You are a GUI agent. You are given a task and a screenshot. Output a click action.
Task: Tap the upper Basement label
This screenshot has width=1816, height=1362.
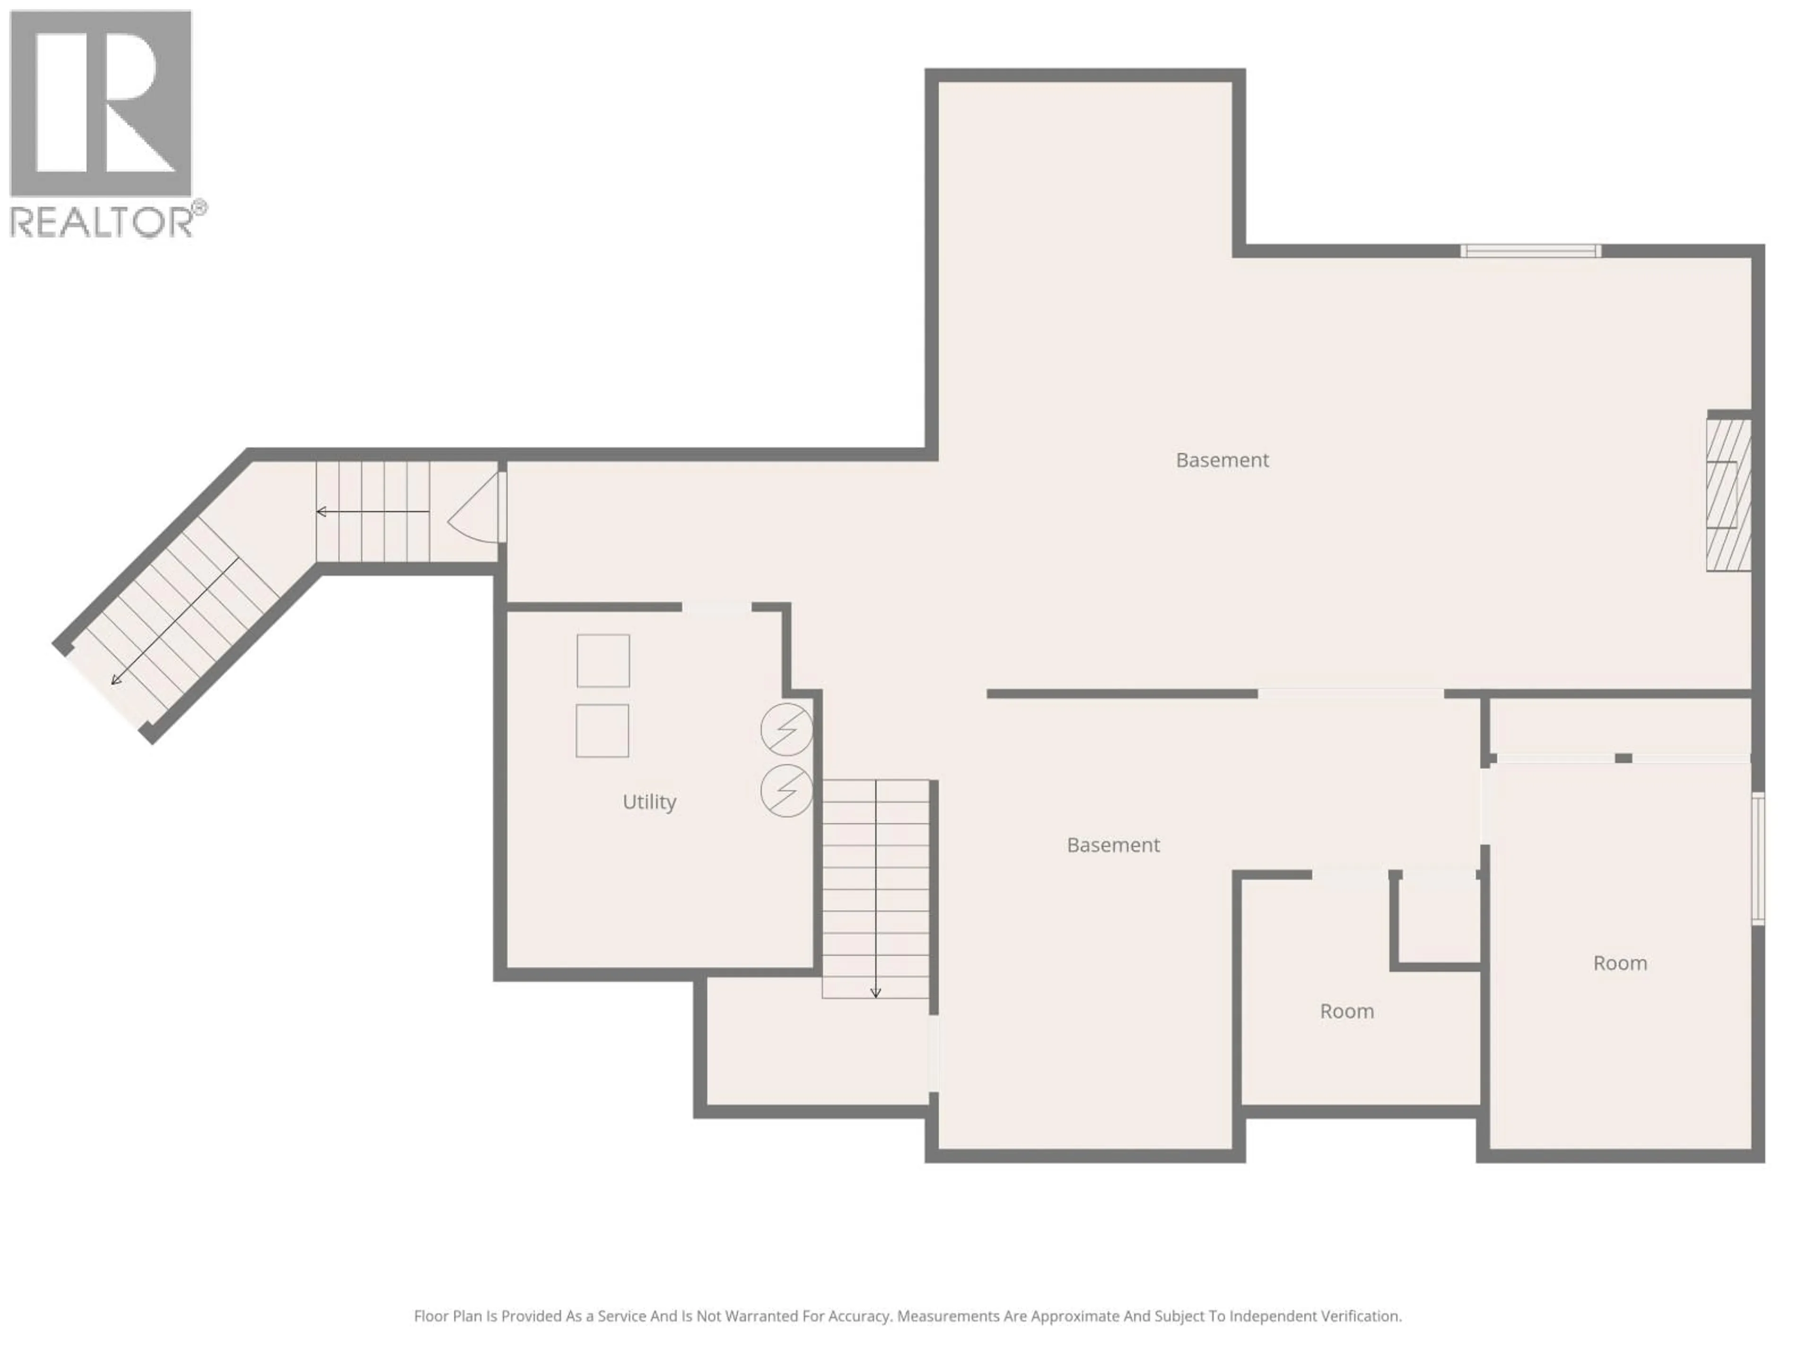click(x=1222, y=460)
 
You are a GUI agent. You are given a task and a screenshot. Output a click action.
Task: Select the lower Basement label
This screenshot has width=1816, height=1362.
click(x=1112, y=845)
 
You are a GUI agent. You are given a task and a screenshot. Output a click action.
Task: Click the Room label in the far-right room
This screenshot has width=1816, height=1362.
click(x=1619, y=963)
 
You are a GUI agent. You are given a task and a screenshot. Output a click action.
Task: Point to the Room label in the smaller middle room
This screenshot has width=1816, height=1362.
click(x=1346, y=1012)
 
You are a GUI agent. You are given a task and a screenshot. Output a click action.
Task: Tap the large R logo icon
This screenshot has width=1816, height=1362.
click(x=100, y=103)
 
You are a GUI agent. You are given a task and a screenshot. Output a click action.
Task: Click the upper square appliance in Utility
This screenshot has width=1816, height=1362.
click(x=602, y=660)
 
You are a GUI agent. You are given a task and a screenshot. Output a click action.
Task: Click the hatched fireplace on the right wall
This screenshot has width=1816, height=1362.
click(x=1728, y=495)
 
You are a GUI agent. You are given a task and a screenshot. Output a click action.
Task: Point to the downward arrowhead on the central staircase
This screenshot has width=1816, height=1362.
click(x=875, y=994)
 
